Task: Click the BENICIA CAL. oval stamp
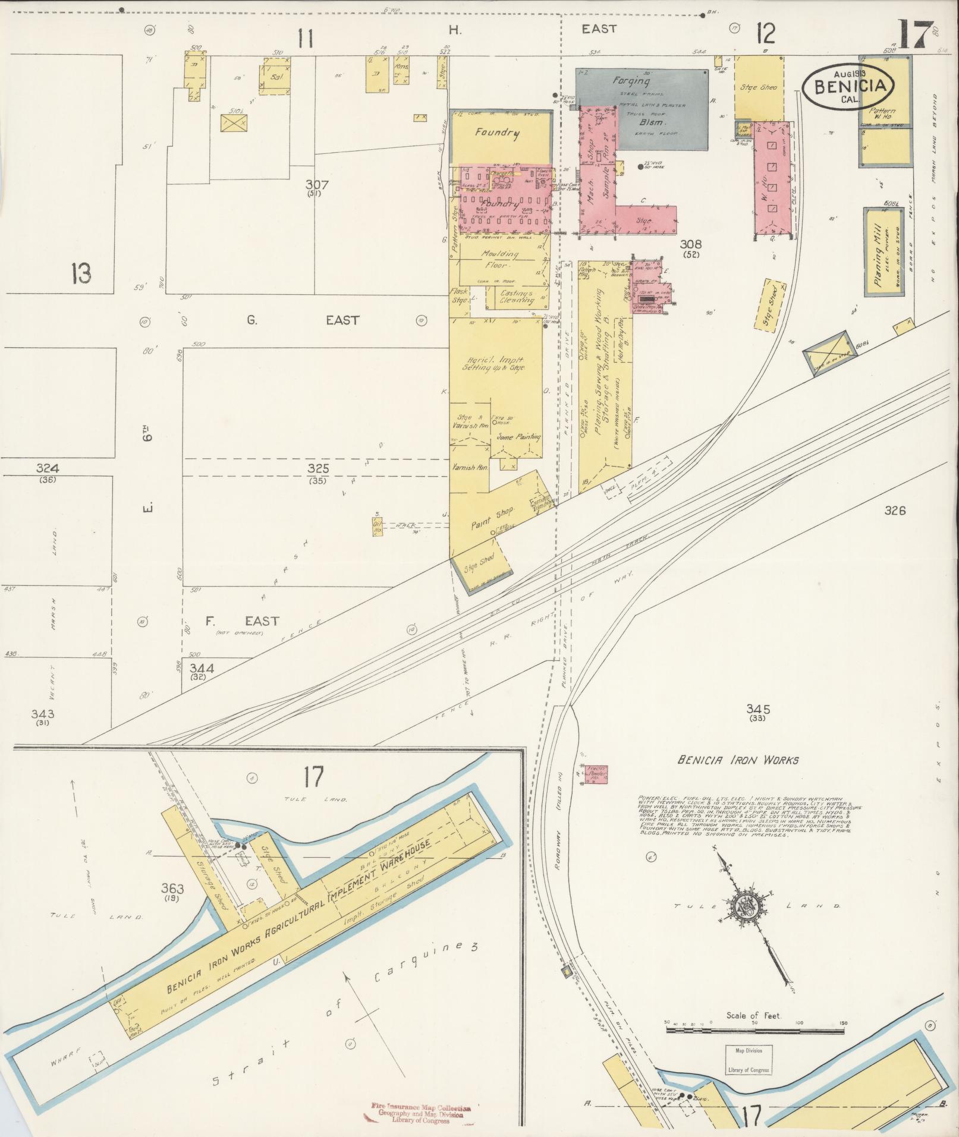pyautogui.click(x=848, y=87)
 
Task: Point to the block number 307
pyautogui.click(x=318, y=185)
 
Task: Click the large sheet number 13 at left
pyautogui.click(x=81, y=274)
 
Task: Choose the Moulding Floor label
pyautogui.click(x=499, y=260)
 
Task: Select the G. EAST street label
pyautogui.click(x=303, y=320)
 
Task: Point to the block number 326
pyautogui.click(x=894, y=510)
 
